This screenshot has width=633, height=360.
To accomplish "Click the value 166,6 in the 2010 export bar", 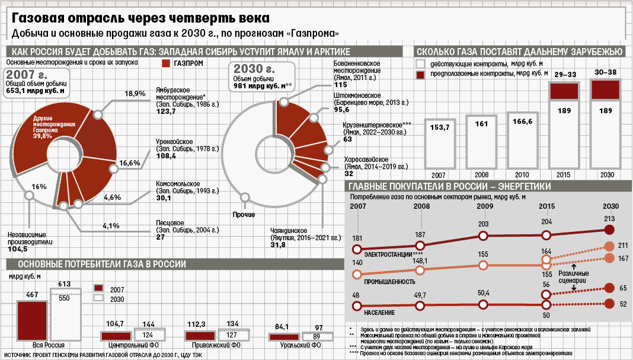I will pos(522,122).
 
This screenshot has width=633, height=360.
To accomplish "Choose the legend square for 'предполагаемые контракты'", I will pos(421,75).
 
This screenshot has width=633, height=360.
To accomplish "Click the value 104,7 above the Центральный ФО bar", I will pos(114,323).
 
